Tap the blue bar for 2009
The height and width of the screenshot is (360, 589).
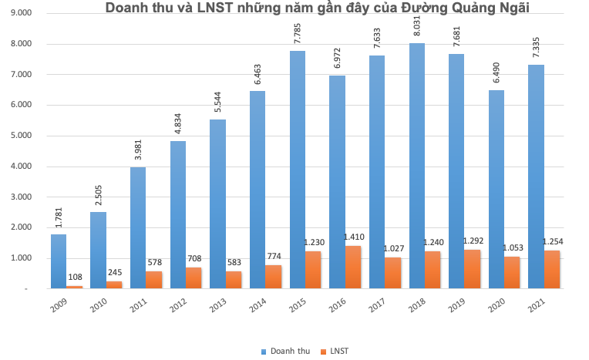click(x=59, y=261)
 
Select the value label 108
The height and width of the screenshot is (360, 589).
click(x=76, y=276)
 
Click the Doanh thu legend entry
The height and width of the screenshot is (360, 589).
click(x=289, y=351)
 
